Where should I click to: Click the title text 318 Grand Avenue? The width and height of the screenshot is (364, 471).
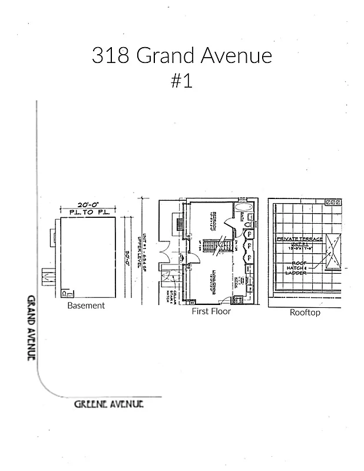click(181, 56)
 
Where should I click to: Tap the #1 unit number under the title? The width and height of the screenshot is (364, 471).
click(181, 81)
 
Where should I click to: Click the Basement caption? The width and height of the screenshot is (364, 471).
click(86, 306)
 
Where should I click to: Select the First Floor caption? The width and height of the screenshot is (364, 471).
click(211, 311)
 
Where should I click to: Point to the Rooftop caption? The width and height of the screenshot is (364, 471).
click(305, 312)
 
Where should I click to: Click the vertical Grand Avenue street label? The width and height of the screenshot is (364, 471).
click(31, 327)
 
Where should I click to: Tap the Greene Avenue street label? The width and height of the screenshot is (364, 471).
click(109, 404)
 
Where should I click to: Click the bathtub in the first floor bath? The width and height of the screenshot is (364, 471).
click(243, 210)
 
